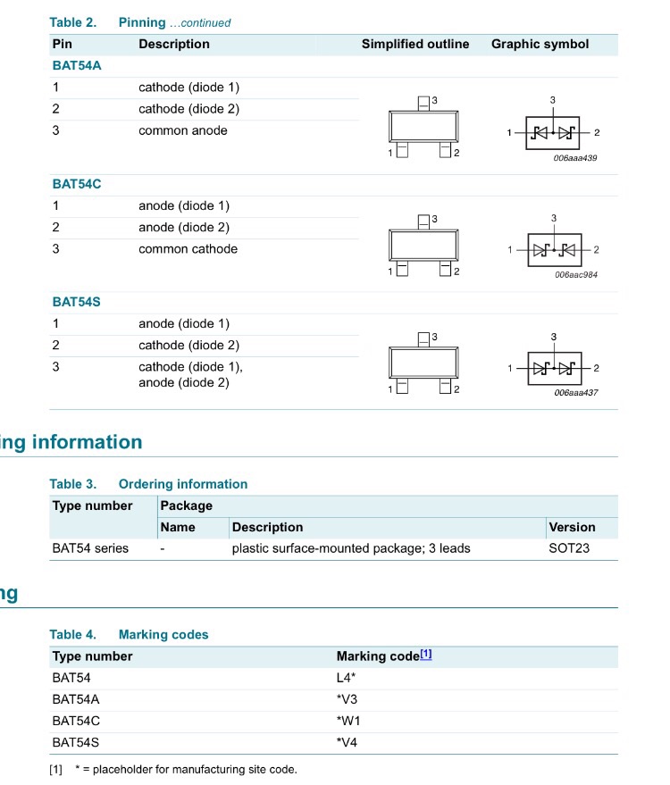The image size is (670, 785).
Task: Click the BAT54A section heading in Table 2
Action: coord(76,65)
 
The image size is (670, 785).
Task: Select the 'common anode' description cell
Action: coord(182,130)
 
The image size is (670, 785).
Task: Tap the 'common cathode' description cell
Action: coord(188,249)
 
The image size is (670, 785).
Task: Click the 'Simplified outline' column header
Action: coord(415,45)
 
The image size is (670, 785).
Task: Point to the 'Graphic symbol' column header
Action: coord(540,45)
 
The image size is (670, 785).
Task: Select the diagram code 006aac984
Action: coord(576,274)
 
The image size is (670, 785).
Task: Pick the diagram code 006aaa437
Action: coord(576,392)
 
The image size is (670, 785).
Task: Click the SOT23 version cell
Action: coord(569,548)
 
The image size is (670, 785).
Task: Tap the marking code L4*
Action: coord(347,678)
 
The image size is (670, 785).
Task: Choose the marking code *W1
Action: coord(348,721)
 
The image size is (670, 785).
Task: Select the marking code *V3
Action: coord(348,699)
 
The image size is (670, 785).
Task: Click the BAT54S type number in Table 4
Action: coord(76,742)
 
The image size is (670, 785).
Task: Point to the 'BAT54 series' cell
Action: coord(90,548)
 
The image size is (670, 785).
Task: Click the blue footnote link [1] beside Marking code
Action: coord(426,655)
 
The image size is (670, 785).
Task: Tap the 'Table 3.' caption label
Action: coord(72,484)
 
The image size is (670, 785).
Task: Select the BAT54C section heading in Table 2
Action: coord(77,184)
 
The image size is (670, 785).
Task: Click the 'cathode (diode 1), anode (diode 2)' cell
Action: coord(190,375)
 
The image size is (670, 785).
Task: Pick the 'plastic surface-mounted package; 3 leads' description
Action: coord(351,548)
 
